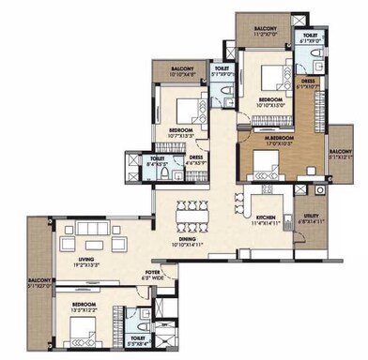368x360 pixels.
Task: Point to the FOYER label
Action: (x=153, y=273)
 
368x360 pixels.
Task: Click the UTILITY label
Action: (x=312, y=217)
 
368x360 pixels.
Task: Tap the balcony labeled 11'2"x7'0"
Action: (x=265, y=30)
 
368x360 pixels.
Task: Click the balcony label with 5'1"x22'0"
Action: (x=38, y=281)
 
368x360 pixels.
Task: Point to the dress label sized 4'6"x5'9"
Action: (x=197, y=160)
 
